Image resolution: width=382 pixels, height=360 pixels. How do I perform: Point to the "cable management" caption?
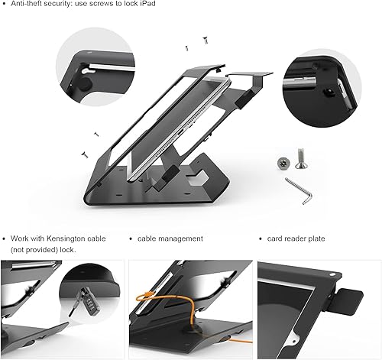(x=170, y=239)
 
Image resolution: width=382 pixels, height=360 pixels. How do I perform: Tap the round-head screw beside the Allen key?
(x=283, y=163)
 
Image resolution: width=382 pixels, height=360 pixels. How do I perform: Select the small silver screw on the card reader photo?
(x=332, y=271)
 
